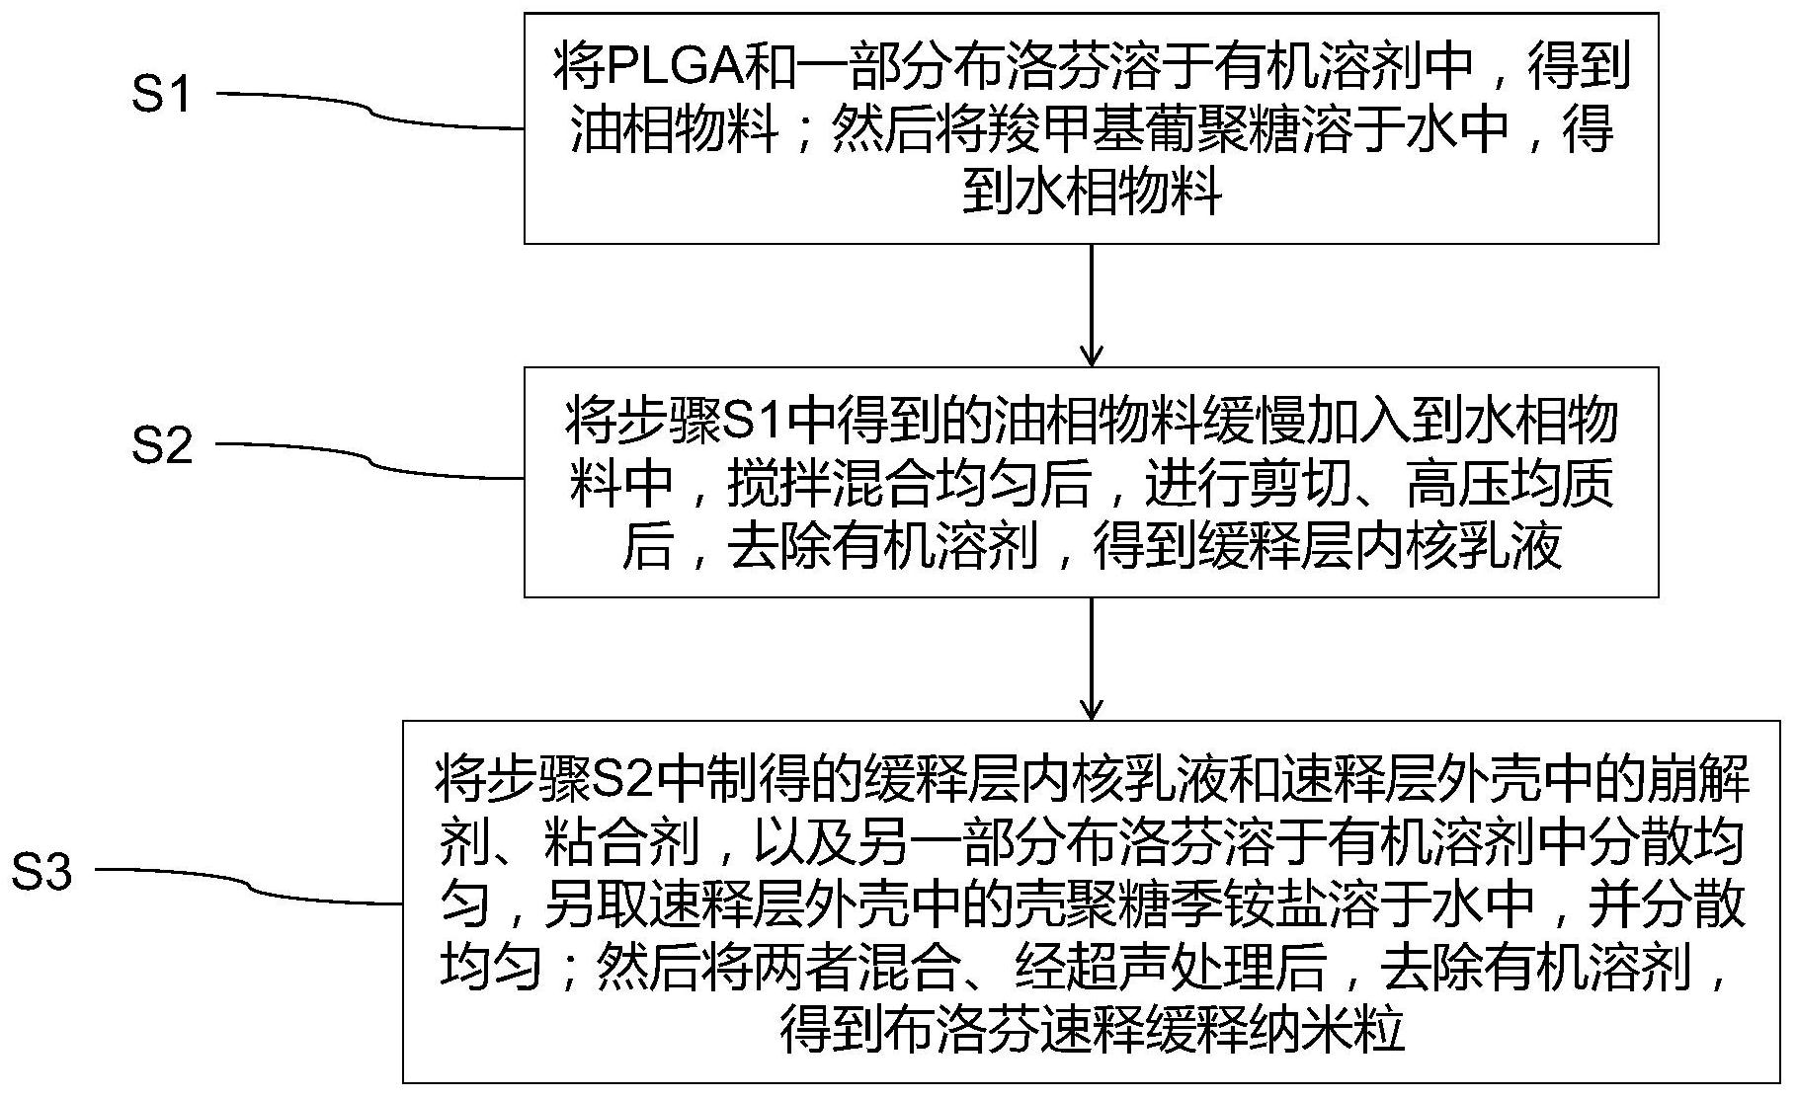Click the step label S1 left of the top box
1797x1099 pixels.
(161, 96)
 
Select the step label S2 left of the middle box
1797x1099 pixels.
(161, 446)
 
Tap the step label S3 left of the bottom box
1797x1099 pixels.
(41, 873)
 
